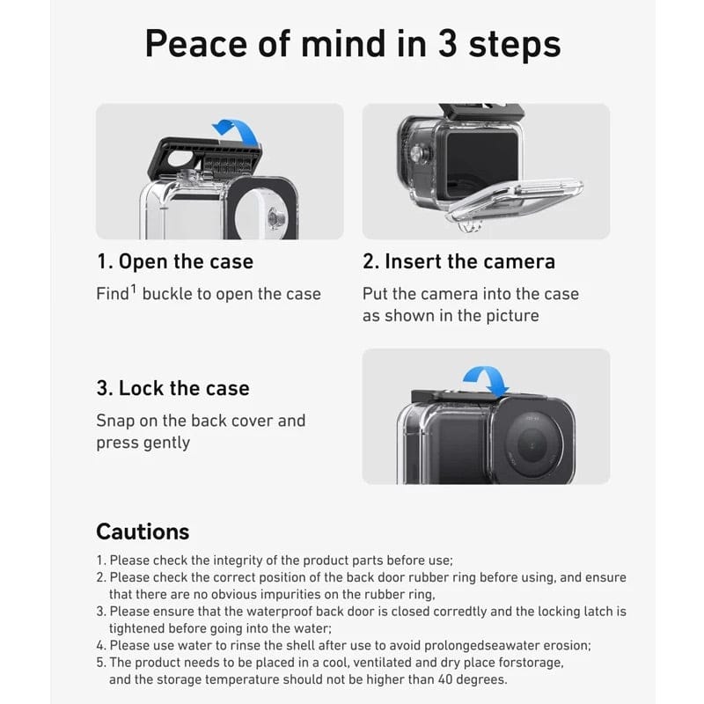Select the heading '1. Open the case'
[174, 261]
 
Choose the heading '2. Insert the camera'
[458, 261]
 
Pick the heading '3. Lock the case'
[172, 388]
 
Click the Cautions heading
[143, 532]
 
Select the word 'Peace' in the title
[193, 44]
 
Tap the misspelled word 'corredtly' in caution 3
[427, 611]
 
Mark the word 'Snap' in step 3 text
[116, 421]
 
